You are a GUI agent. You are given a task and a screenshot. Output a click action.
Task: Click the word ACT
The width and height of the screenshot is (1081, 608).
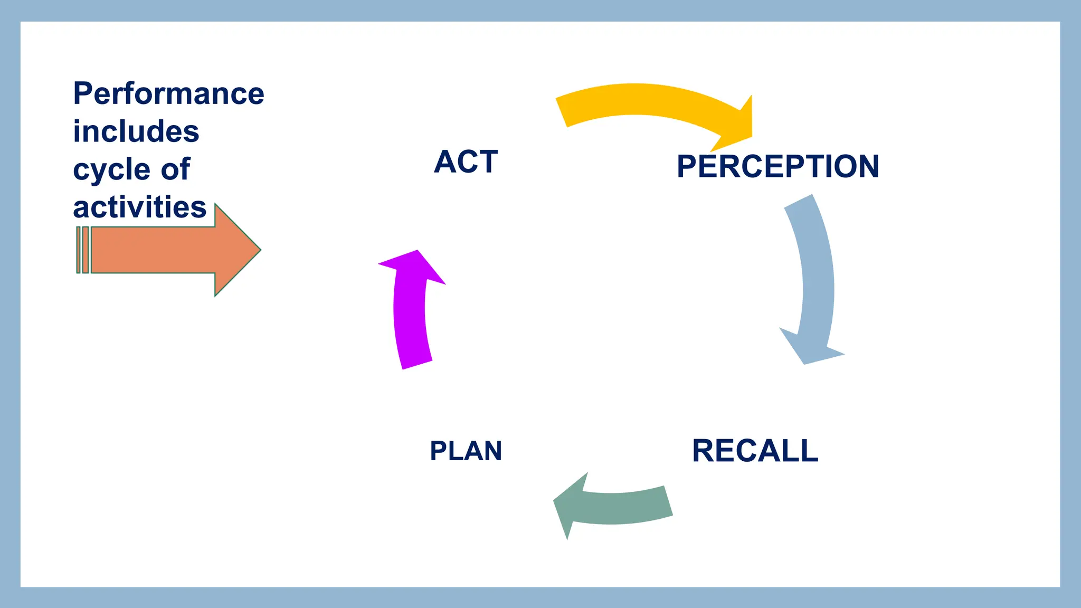pyautogui.click(x=466, y=161)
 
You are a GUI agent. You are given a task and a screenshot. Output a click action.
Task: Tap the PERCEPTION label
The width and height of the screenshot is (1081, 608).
pyautogui.click(x=777, y=166)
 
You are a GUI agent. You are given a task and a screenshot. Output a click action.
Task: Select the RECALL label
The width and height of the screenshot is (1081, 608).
pyautogui.click(x=755, y=451)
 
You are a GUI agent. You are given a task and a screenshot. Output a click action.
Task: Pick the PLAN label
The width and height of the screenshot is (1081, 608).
pyautogui.click(x=466, y=451)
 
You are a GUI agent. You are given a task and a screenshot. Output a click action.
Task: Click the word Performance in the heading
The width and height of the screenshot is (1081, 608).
pyautogui.click(x=168, y=94)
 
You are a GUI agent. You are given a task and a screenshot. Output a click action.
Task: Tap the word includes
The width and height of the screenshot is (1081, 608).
pyautogui.click(x=136, y=131)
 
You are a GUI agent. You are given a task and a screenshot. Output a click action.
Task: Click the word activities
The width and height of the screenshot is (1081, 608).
pyautogui.click(x=139, y=207)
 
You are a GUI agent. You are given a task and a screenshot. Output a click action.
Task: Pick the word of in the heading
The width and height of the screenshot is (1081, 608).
pyautogui.click(x=175, y=169)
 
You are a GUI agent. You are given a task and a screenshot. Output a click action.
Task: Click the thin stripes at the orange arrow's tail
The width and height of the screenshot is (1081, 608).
pyautogui.click(x=82, y=250)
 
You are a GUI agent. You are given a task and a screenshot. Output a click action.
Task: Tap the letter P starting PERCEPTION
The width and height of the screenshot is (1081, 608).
pyautogui.click(x=687, y=166)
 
